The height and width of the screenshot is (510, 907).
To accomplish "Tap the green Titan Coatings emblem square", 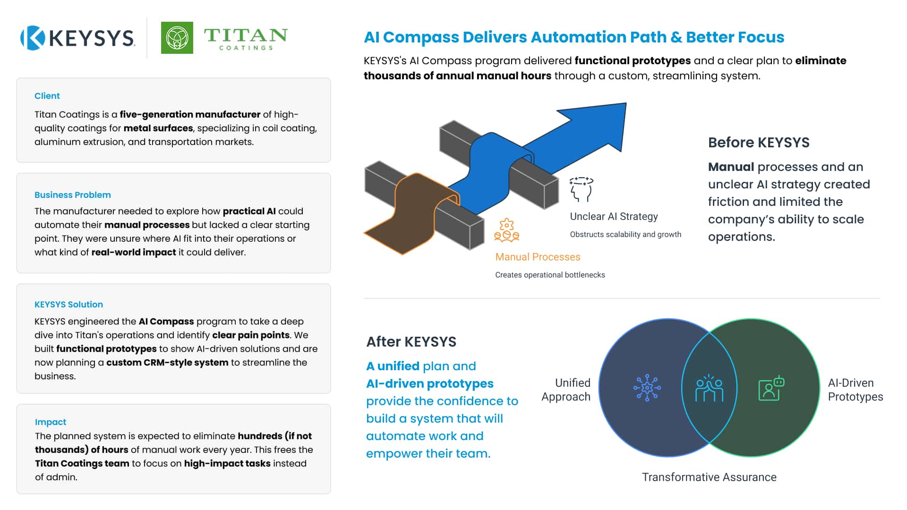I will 177,38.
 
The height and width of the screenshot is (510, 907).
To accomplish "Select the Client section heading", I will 47,96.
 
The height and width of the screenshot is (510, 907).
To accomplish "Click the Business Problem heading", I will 73,195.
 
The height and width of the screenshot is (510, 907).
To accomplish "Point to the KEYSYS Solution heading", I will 68,305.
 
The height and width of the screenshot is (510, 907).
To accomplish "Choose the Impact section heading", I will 51,422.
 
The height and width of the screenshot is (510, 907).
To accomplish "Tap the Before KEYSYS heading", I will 759,143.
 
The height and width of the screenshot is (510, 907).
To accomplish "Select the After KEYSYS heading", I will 411,342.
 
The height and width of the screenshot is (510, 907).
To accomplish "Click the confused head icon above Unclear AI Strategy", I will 581,189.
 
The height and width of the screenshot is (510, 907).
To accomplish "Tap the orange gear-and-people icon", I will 506,230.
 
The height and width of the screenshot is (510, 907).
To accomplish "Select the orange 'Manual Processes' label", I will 538,257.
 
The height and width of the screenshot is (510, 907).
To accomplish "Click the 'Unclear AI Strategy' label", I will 614,216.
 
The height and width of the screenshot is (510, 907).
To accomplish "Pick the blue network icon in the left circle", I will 647,388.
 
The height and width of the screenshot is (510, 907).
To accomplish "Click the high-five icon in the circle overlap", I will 709,388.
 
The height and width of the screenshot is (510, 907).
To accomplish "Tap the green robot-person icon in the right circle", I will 771,388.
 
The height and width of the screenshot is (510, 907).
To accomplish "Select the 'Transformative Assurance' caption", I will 709,477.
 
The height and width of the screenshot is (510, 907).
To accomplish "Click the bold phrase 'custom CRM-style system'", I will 167,363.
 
